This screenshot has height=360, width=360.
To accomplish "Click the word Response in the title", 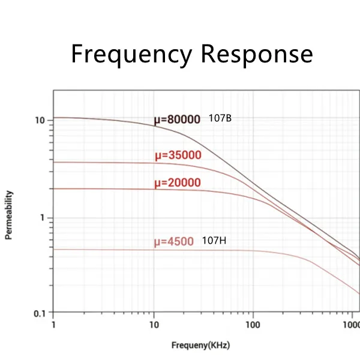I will (257, 54).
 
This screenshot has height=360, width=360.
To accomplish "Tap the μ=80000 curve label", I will (177, 119).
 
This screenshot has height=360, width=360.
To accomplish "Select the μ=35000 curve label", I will (178, 156).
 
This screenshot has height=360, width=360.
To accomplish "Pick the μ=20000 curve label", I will (178, 183).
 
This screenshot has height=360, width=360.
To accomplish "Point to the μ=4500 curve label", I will (174, 242).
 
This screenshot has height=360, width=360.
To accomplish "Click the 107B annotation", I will (220, 118).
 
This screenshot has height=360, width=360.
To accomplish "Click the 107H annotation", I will (214, 241).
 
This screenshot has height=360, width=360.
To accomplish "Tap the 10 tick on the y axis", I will (40, 120).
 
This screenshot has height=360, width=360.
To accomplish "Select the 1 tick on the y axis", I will (43, 218).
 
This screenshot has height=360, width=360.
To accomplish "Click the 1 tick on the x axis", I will (54, 325).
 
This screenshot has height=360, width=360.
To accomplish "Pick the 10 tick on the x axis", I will (154, 325).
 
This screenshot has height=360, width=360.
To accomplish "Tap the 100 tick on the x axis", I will (253, 325).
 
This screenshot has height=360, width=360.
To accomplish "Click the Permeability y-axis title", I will (9, 215).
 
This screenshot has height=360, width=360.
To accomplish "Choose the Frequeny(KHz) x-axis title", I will (200, 346).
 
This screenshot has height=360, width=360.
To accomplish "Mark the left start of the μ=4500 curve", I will (55, 249).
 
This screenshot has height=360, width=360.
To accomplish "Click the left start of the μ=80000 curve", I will (55, 118).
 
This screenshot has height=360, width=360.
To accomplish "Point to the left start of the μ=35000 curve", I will (55, 162).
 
